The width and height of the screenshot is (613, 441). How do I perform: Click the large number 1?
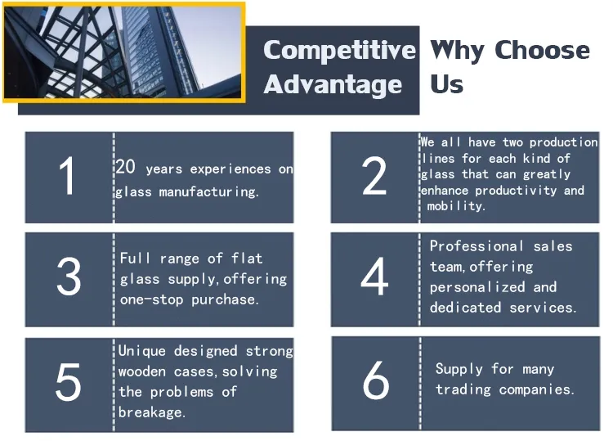tap(67, 177)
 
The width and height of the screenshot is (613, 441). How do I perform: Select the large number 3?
tap(69, 278)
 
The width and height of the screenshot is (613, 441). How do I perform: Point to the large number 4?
tap(374, 278)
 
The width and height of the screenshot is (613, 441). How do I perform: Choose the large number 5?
tap(68, 382)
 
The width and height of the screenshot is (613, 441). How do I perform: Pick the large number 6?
tap(376, 381)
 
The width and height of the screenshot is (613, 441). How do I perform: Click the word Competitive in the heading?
tap(339, 50)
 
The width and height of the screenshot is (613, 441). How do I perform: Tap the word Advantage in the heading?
tap(333, 84)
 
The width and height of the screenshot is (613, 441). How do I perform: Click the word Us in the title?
tap(447, 84)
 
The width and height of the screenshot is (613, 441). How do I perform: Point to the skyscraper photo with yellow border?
tap(124, 52)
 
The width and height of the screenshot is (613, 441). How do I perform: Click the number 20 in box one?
tap(126, 168)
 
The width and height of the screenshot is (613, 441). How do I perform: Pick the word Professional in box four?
tap(477, 246)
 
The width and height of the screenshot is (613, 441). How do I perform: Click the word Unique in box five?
tap(141, 351)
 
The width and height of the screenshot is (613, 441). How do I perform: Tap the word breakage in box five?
tap(150, 412)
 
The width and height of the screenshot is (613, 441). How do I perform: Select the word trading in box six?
tap(463, 389)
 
